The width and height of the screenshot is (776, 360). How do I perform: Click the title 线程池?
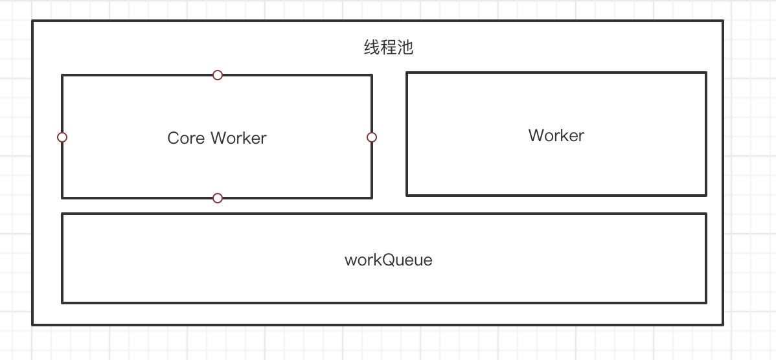click(388, 48)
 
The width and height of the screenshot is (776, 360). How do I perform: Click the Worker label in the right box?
click(556, 135)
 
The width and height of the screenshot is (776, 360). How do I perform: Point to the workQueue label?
click(388, 260)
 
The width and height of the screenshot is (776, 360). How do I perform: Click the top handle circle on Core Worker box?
click(218, 75)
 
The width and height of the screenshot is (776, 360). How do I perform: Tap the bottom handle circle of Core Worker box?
click(218, 197)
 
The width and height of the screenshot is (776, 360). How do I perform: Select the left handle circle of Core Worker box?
click(62, 137)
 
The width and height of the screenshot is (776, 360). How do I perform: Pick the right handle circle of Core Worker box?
click(372, 137)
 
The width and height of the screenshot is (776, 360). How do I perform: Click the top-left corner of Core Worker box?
click(62, 75)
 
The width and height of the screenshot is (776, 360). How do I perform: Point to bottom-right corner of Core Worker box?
click(372, 197)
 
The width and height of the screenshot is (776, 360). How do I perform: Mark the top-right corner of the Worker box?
click(705, 73)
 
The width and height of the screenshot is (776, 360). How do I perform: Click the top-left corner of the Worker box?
click(407, 73)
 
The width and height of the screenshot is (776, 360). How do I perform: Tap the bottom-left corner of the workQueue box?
click(62, 302)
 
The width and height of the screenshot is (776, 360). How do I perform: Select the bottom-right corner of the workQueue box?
click(705, 302)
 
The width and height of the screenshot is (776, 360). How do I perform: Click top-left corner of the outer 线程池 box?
click(33, 21)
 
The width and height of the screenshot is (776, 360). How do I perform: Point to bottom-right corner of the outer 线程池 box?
click(722, 324)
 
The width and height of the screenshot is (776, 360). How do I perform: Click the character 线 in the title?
click(372, 48)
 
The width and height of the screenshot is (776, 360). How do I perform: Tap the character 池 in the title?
click(405, 48)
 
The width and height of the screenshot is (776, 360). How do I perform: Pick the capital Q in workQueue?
click(389, 260)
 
